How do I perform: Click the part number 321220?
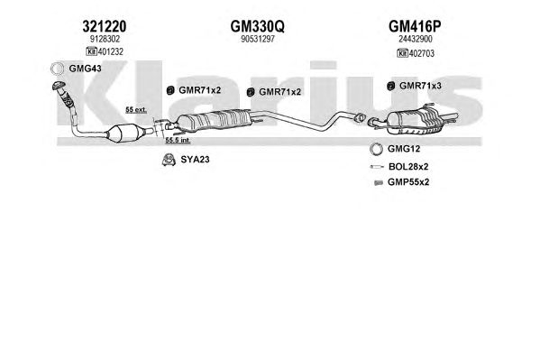coord(105,26)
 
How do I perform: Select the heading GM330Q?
coord(257,26)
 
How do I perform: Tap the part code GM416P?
coord(415,26)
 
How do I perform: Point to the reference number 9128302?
coord(105,39)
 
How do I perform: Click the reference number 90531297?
coord(258,39)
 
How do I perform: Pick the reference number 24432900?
coord(415,39)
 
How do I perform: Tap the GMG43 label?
coord(85,69)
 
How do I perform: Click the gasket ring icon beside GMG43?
coord(58,69)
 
